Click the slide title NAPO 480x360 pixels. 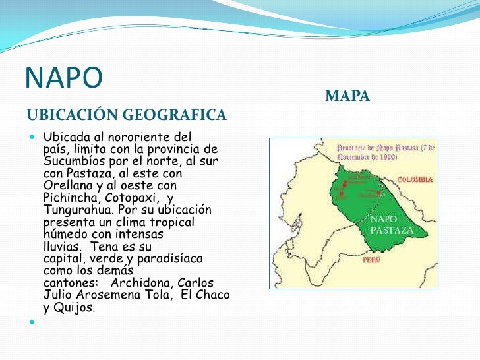pyautogui.click(x=64, y=78)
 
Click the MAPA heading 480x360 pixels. pyautogui.click(x=347, y=97)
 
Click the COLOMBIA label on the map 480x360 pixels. pyautogui.click(x=415, y=179)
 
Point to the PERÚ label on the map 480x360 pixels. pyautogui.click(x=371, y=260)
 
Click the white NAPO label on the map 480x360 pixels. pyautogui.click(x=384, y=220)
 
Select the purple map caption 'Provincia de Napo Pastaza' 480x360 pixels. pyautogui.click(x=386, y=153)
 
